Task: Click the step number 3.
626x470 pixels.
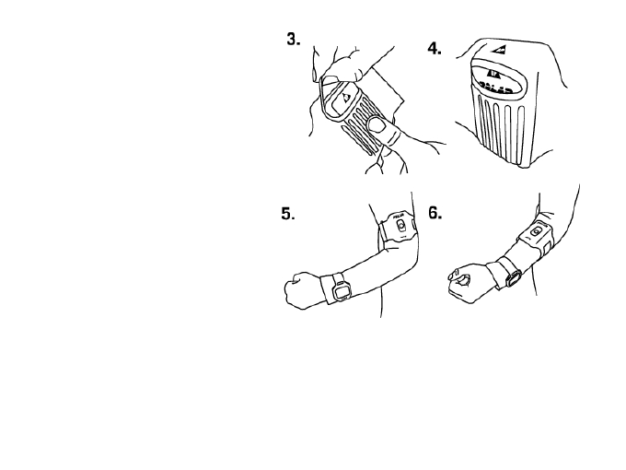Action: coord(293,41)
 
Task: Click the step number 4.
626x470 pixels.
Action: coord(435,49)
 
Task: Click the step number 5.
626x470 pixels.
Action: coord(288,214)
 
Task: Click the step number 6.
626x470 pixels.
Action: coord(435,212)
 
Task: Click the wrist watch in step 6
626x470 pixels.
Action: coord(512,275)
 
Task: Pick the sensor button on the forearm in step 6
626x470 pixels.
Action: coord(536,232)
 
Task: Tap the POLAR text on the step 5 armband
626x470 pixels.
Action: coord(400,220)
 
